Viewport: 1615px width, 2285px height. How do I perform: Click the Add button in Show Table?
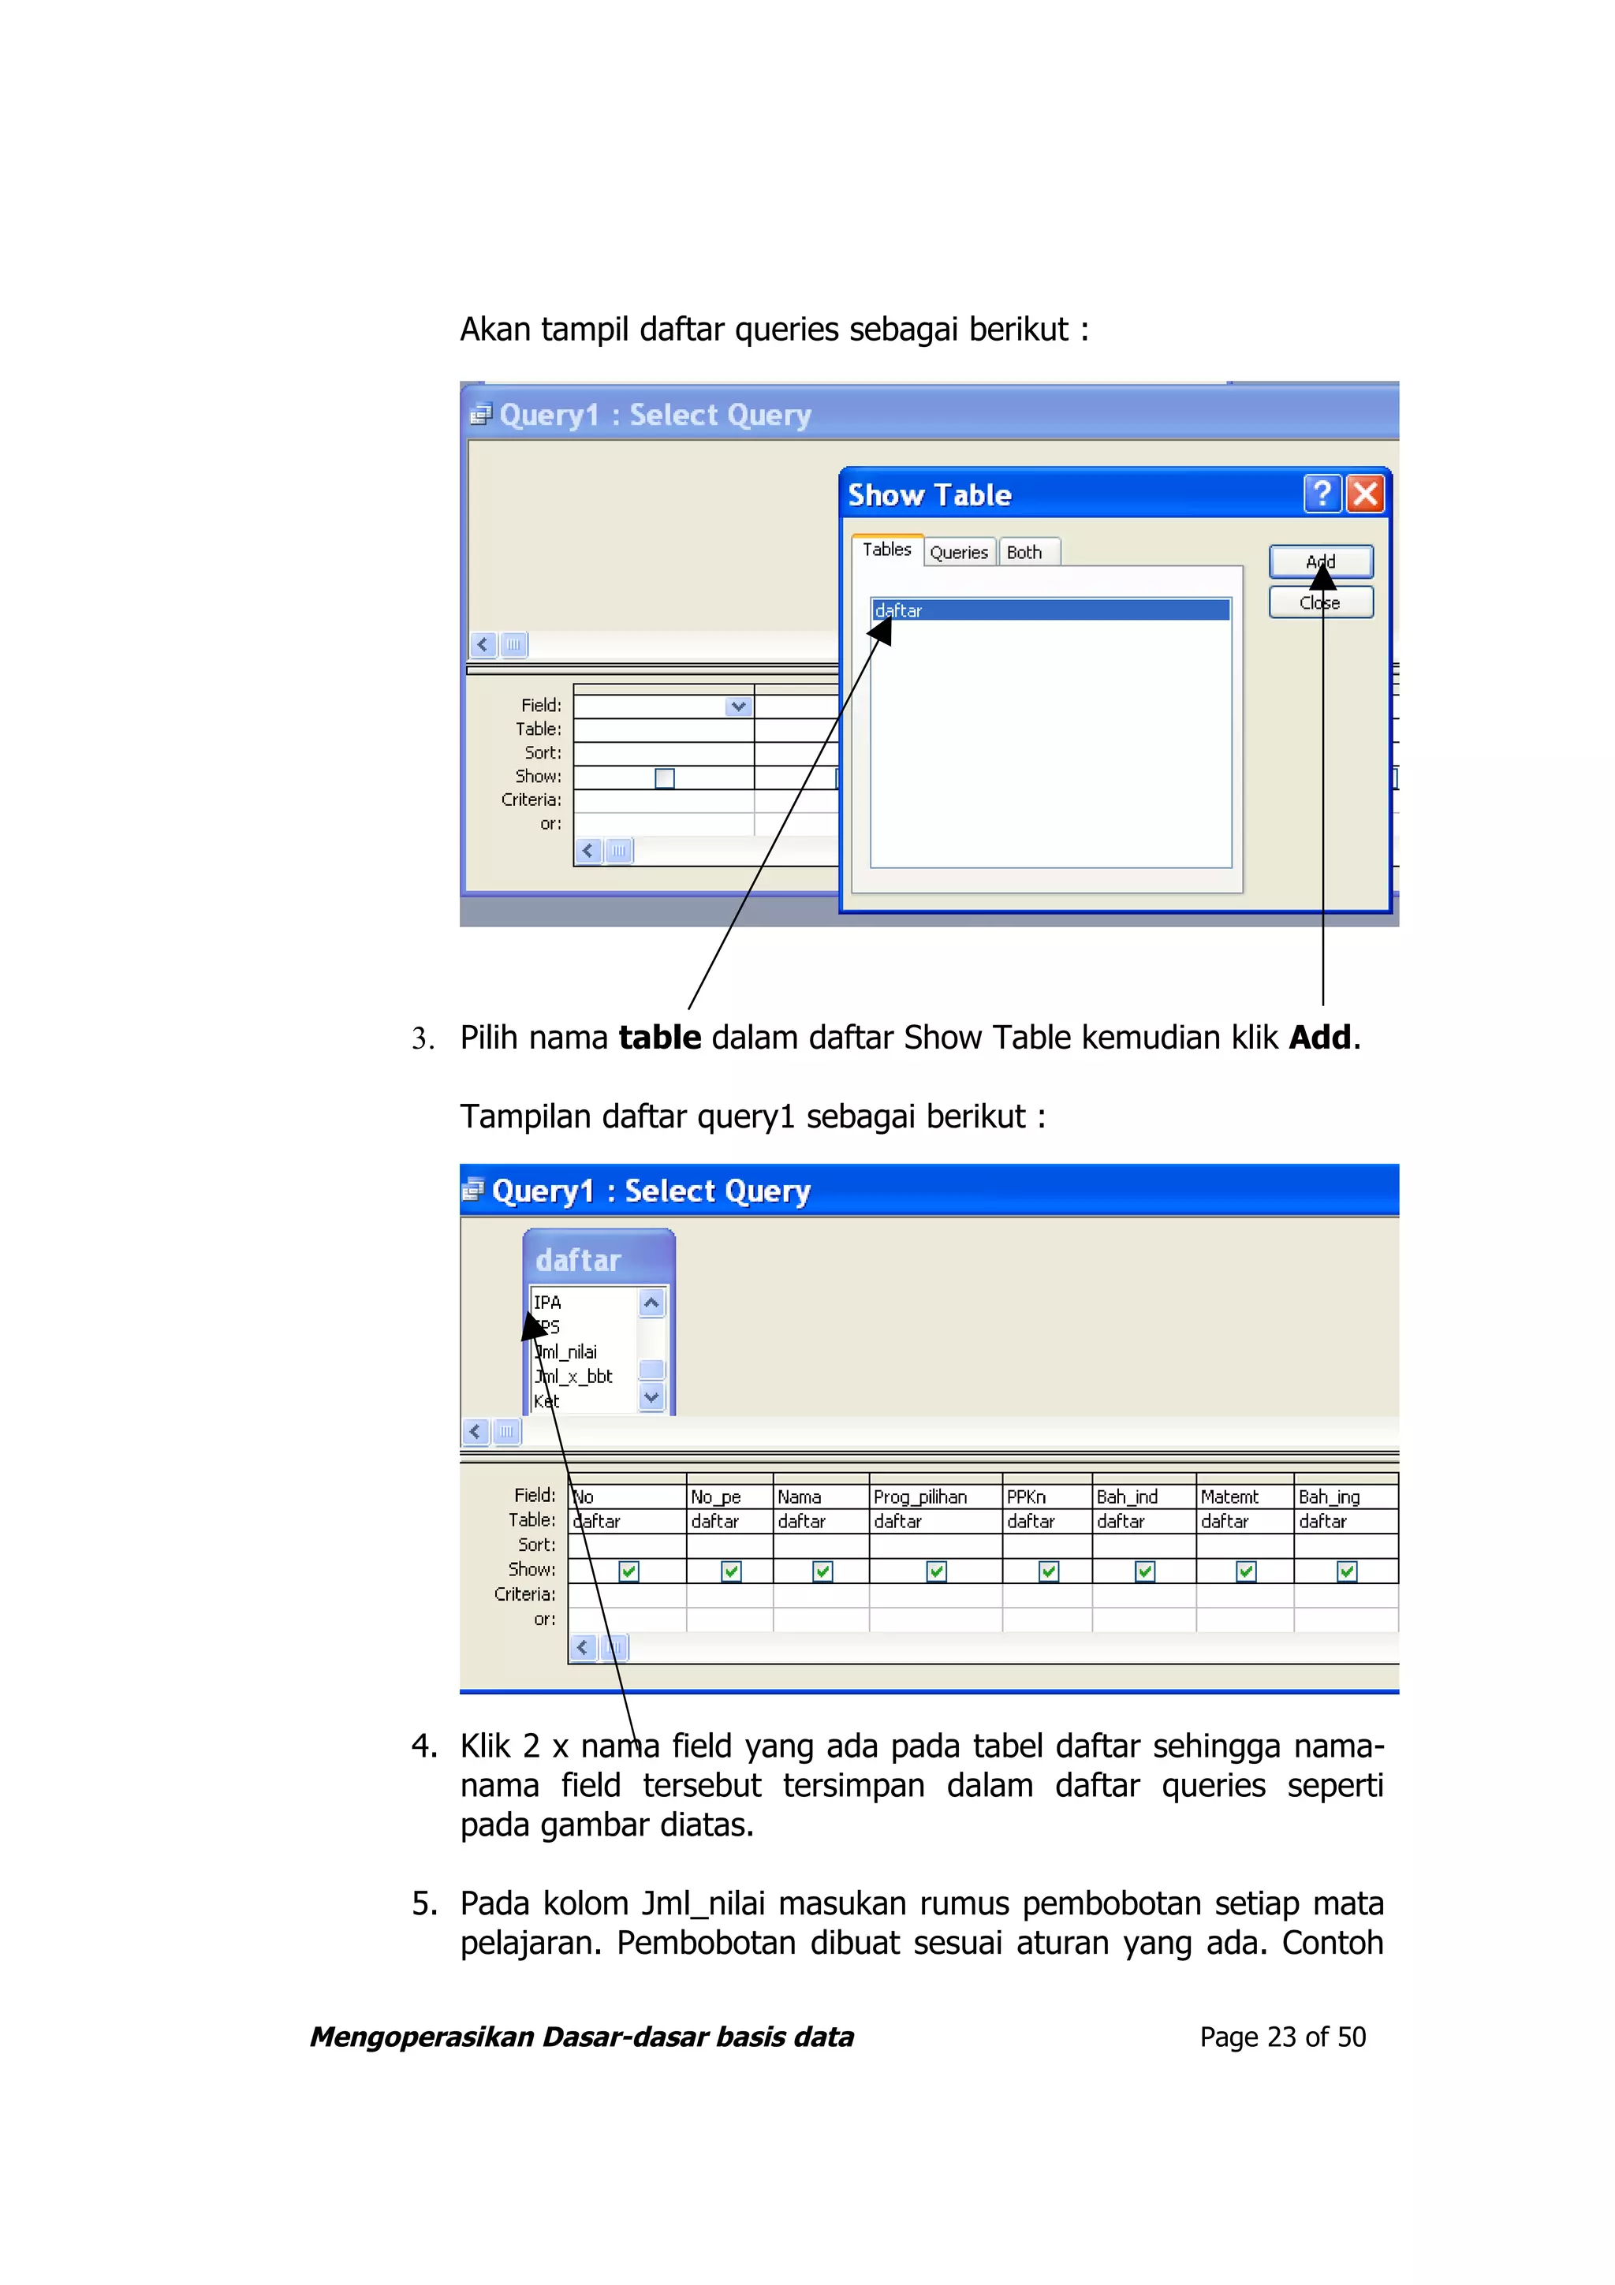1320,561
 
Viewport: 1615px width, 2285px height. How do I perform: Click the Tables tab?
886,550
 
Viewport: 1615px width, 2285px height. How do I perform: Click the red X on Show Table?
1365,494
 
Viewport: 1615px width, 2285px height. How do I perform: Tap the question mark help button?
1322,494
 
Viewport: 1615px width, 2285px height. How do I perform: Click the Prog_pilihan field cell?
934,1497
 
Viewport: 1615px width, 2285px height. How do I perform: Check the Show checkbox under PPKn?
1048,1571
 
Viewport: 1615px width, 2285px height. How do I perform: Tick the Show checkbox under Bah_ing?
1346,1571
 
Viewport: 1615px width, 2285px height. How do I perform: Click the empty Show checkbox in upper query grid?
665,778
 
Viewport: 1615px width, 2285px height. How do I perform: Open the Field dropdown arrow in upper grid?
738,706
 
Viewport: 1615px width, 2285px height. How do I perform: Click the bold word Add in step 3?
1319,1038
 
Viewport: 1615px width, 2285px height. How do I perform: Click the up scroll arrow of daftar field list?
651,1303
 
